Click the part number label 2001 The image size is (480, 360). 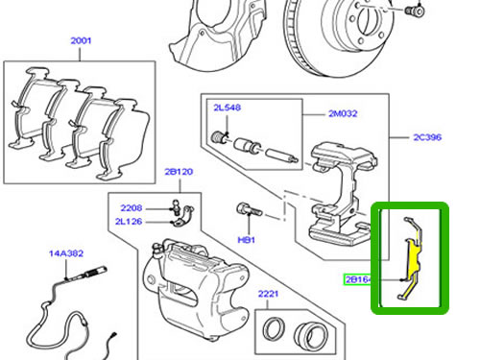click(x=81, y=40)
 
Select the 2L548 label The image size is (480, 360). click(x=228, y=108)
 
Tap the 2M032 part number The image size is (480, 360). click(x=343, y=113)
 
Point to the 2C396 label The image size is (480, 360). click(x=427, y=137)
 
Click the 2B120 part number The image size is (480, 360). click(x=179, y=172)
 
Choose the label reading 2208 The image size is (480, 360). click(x=132, y=208)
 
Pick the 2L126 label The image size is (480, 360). click(x=129, y=222)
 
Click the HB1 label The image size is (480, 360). click(x=247, y=240)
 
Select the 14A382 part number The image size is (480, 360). click(x=66, y=253)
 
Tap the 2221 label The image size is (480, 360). click(x=268, y=294)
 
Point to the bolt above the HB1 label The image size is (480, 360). click(x=250, y=209)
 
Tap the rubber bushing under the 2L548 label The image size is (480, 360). click(x=219, y=137)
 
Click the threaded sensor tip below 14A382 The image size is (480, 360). click(x=94, y=273)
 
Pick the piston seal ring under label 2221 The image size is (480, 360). click(x=274, y=328)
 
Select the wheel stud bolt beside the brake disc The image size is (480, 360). click(x=415, y=11)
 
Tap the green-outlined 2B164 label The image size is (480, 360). click(x=357, y=279)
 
